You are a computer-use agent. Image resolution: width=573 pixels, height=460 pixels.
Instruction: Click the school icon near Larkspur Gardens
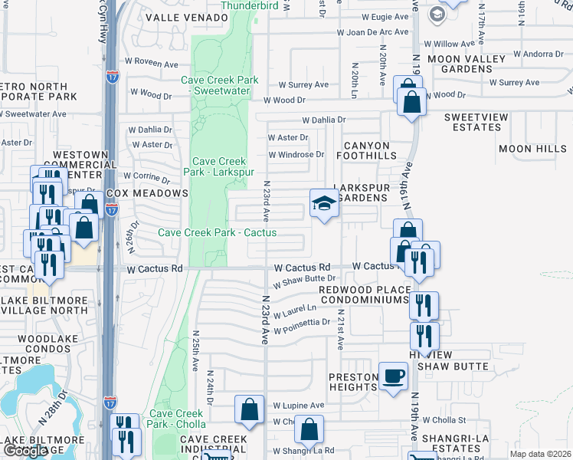coord(324,204)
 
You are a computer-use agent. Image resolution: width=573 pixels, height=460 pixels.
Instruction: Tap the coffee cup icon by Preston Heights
coord(394,376)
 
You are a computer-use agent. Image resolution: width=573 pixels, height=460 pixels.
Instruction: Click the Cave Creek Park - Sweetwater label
coord(220,85)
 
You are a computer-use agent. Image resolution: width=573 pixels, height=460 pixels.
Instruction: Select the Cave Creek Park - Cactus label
coord(217,232)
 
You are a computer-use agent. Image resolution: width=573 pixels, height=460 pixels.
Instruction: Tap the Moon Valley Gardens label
coord(470,64)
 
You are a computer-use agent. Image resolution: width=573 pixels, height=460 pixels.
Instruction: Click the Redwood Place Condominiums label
coord(364,294)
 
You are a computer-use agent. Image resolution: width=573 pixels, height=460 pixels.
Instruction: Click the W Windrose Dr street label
coord(296,154)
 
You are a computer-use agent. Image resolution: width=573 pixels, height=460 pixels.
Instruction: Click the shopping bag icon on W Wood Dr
coord(411,100)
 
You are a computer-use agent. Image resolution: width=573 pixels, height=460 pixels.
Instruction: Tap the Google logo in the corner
coord(25,451)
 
